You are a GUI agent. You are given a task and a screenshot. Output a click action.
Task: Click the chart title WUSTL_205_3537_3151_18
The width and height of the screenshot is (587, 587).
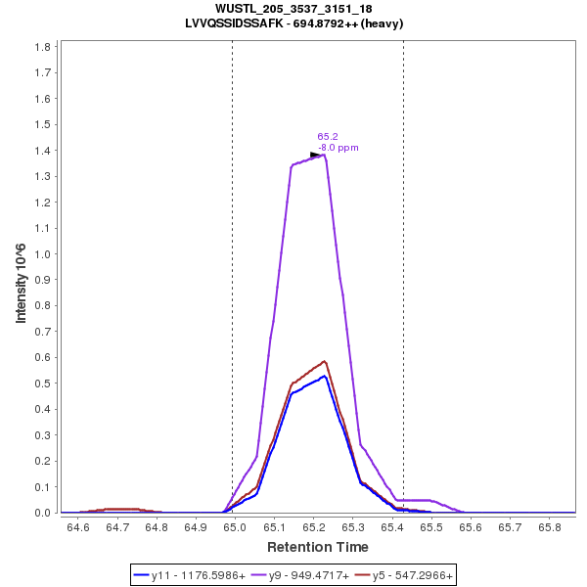pyautogui.click(x=293, y=9)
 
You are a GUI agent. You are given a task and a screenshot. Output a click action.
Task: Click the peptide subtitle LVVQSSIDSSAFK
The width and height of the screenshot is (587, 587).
pyautogui.click(x=293, y=23)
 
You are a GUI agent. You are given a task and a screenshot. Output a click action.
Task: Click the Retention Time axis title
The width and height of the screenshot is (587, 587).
pyautogui.click(x=318, y=547)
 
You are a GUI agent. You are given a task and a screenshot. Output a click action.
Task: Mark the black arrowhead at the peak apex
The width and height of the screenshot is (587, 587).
pyautogui.click(x=315, y=155)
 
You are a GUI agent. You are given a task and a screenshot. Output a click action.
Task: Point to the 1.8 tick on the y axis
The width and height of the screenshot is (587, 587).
pyautogui.click(x=43, y=47)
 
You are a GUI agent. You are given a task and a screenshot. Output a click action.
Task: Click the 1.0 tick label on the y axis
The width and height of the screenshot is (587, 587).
pyautogui.click(x=43, y=253)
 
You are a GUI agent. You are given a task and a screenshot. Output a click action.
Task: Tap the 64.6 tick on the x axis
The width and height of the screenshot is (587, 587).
pyautogui.click(x=77, y=527)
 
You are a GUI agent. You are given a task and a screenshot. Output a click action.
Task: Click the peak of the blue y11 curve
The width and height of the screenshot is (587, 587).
pyautogui.click(x=323, y=376)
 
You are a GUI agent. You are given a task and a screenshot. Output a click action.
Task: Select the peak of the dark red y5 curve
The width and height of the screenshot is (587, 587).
pyautogui.click(x=324, y=361)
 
